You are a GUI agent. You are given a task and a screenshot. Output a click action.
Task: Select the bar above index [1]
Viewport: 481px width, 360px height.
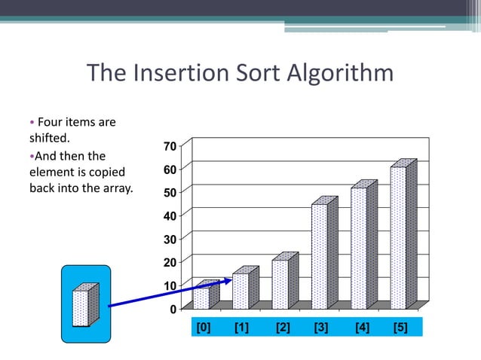pos(240,290)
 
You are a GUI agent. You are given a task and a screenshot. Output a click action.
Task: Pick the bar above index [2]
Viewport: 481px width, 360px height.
pos(280,283)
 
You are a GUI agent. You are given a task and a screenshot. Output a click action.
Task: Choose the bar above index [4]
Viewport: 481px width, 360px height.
pos(358,248)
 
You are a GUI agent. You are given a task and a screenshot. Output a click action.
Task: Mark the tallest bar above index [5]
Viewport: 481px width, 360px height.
pos(397,237)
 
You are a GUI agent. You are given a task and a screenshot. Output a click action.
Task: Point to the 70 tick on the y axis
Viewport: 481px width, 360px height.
pos(170,145)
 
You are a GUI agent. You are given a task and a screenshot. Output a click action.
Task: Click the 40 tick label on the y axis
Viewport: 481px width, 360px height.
pos(170,215)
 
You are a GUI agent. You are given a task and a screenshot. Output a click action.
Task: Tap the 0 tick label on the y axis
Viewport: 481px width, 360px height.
pos(173,309)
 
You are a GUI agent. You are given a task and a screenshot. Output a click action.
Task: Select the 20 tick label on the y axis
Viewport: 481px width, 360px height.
pos(170,262)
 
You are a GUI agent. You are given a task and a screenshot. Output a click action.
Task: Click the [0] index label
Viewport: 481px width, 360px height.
pos(203,327)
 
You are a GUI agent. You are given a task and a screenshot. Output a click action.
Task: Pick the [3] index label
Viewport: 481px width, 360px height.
pos(320,327)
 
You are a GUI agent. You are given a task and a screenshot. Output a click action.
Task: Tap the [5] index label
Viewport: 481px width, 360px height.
pos(400,327)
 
